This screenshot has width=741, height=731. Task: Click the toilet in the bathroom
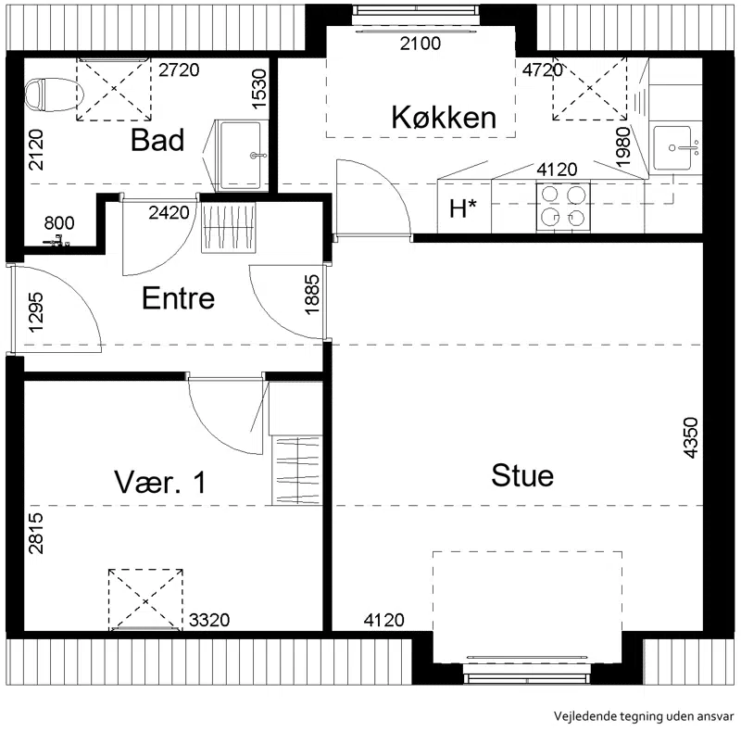(54, 95)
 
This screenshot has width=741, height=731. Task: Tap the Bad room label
(157, 140)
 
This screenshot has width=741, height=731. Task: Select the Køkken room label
(444, 118)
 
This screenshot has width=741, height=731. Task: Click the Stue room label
(522, 475)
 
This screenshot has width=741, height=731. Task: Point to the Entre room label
(178, 298)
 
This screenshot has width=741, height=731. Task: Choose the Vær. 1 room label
(160, 482)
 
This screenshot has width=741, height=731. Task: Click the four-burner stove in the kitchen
(563, 208)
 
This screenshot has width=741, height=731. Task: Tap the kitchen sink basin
(672, 148)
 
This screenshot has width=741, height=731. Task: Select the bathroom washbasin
(241, 155)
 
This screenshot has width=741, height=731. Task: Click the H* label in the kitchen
(463, 208)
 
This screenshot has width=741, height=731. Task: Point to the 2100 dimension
(421, 44)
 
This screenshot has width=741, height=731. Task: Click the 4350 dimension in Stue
(690, 437)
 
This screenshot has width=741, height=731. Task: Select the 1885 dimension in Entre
(312, 295)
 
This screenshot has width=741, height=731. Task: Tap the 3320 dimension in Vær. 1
(209, 620)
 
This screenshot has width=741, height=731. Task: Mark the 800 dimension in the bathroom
(59, 222)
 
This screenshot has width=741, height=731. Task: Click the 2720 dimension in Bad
(179, 70)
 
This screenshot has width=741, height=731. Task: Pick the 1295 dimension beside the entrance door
(36, 312)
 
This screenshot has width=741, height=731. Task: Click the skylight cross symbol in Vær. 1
(145, 600)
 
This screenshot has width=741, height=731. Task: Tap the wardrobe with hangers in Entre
(229, 227)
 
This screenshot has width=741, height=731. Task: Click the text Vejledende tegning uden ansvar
(644, 716)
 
